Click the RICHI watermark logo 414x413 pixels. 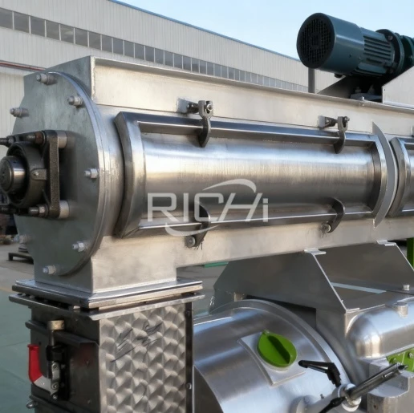[x=208, y=206]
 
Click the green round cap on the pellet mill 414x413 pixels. [x=277, y=348]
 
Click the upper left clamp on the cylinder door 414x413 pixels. [x=205, y=122]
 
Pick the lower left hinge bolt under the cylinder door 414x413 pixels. [x=191, y=241]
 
